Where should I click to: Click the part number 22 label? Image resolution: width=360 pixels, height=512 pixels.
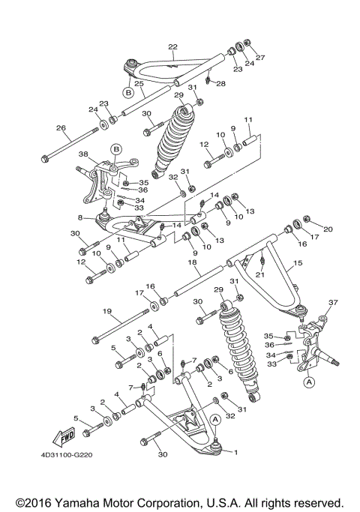pyautogui.click(x=173, y=47)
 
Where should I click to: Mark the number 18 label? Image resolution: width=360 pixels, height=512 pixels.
pyautogui.click(x=193, y=265)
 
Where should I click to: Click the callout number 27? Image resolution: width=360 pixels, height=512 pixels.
pyautogui.click(x=261, y=58)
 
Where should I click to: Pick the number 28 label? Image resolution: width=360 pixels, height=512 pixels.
pyautogui.click(x=220, y=83)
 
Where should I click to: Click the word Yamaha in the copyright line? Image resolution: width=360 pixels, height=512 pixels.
pyautogui.click(x=81, y=500)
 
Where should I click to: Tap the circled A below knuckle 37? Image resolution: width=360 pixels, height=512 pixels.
pyautogui.click(x=307, y=381)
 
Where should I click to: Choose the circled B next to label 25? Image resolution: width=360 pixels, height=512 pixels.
pyautogui.click(x=128, y=93)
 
